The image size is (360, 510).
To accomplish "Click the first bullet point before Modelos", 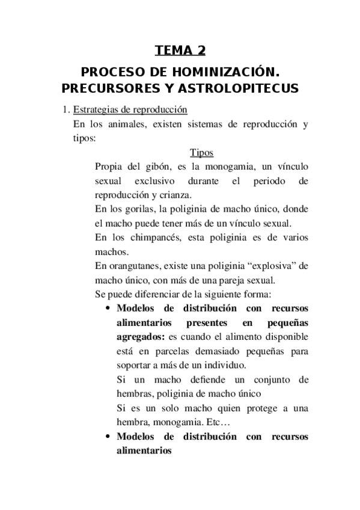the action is coord(107,310).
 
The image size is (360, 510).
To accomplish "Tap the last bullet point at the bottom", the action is coord(107,437).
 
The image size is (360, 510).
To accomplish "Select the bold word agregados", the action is coord(141,338).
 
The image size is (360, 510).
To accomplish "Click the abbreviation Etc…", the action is coord(207,422).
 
